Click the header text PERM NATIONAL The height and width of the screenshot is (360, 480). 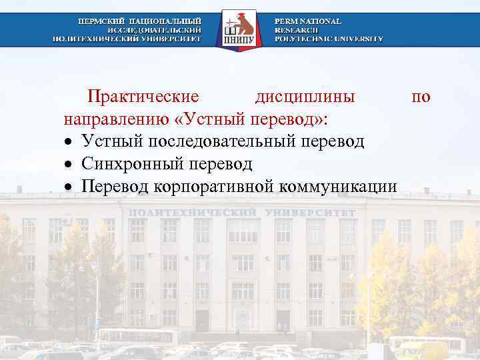308,21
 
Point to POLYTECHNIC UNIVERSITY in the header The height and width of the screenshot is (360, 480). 329,39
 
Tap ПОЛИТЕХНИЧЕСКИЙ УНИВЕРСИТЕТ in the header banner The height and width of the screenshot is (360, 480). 127,39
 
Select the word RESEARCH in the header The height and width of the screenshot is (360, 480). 297,30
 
